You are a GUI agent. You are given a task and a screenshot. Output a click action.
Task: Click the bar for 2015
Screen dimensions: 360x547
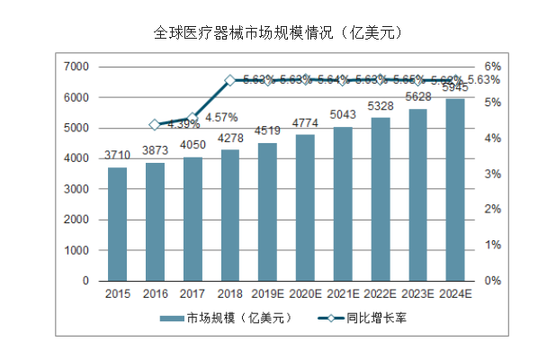118,224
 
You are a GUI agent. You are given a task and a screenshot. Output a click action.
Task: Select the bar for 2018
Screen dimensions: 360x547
230,215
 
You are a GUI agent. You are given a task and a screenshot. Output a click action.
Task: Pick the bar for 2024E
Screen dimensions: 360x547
455,190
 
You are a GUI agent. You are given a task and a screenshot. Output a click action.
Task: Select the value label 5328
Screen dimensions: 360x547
381,109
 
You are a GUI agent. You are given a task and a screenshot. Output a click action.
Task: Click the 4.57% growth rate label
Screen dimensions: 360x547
221,116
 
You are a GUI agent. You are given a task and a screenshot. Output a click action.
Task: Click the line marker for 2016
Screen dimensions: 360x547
155,124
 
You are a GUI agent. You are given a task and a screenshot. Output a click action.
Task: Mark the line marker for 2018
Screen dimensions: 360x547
230,80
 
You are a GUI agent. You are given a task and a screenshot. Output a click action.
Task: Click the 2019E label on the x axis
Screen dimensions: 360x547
268,292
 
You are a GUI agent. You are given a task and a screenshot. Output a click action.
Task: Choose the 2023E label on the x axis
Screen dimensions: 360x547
418,292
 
